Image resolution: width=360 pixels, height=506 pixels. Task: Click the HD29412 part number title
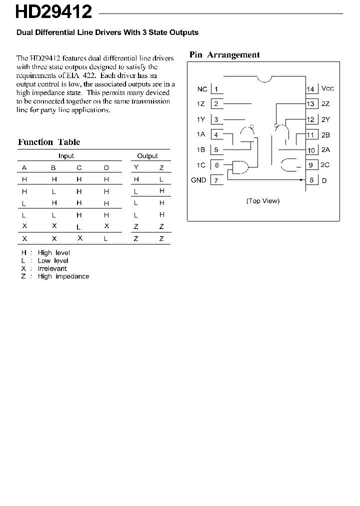pos(53,11)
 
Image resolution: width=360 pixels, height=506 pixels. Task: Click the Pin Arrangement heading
pos(224,55)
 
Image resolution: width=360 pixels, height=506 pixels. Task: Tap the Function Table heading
pos(49,142)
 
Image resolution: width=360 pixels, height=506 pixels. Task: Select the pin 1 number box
pos(216,89)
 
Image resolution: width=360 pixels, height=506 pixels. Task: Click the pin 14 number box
pos(311,89)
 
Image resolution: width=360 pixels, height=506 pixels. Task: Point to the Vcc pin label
pos(327,88)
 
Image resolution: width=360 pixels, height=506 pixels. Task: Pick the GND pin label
pos(198,180)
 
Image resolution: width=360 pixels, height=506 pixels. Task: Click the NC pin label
pos(202,89)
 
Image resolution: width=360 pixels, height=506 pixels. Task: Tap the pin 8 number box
pos(311,180)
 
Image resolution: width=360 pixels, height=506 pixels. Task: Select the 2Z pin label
pos(325,104)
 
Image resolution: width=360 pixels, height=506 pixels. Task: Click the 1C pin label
pos(200,165)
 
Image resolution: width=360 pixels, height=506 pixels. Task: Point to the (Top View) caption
pos(263,201)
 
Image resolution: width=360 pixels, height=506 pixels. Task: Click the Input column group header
pos(66,156)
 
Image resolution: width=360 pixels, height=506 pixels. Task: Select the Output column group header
pos(147,156)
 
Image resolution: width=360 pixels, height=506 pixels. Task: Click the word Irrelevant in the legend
pos(52,268)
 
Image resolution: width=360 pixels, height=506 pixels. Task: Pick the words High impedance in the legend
pos(63,276)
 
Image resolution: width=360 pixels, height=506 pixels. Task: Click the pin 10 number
pos(311,150)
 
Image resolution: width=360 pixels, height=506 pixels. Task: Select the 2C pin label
pos(325,165)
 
